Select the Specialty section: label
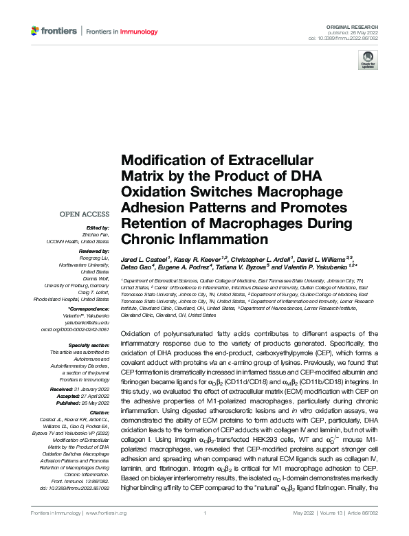[89, 345]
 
